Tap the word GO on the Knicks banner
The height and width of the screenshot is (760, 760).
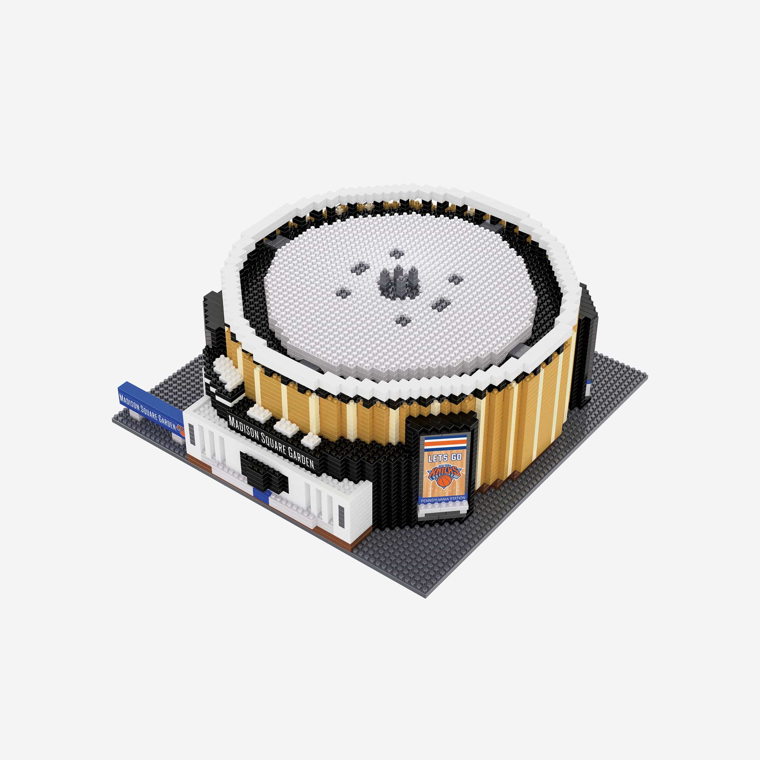coord(455,458)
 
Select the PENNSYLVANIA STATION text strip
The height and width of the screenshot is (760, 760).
coord(443,498)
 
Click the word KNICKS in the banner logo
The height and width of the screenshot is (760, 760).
coord(444,471)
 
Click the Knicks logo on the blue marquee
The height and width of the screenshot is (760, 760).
coord(180,430)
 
